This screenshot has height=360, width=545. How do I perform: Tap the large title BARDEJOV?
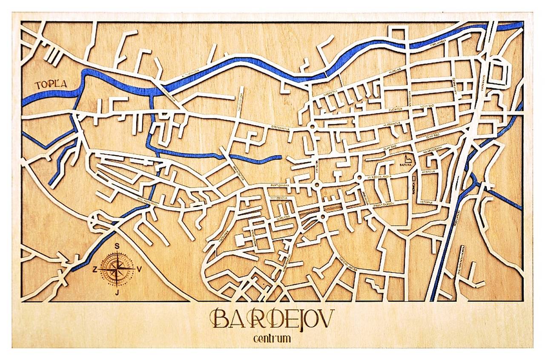[x=272, y=318]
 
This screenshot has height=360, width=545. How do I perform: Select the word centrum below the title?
[x=272, y=339]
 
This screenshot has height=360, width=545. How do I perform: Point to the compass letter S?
[x=117, y=246]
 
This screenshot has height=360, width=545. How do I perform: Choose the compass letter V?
[x=139, y=269]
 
